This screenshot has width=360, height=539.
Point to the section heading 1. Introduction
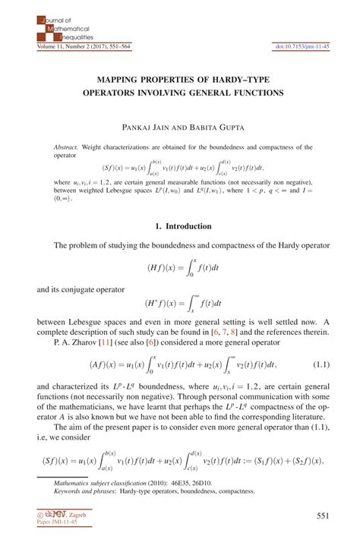click(x=179, y=225)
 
